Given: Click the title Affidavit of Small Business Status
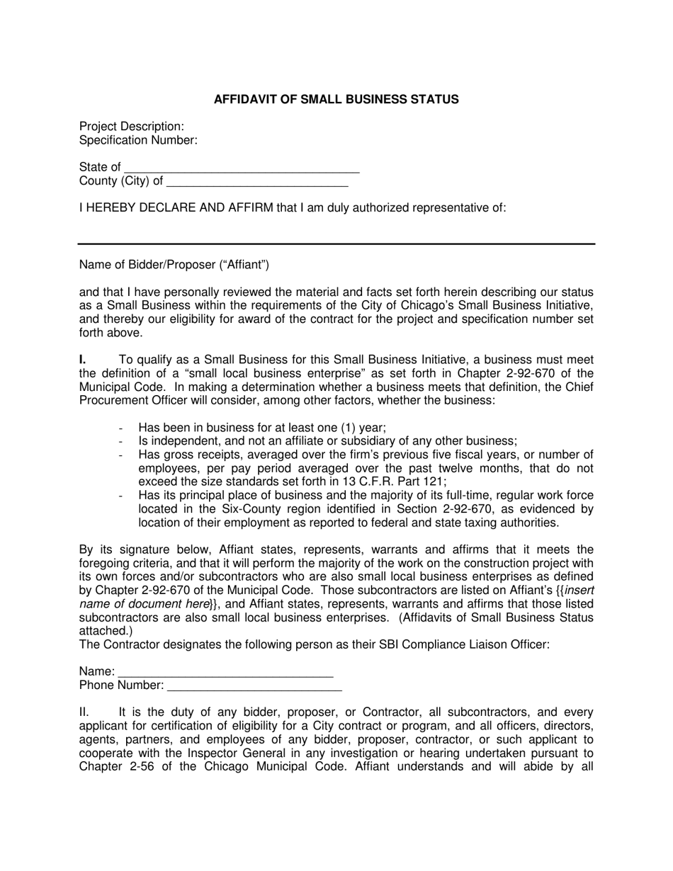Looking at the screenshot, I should [x=336, y=99].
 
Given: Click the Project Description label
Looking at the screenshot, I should [x=132, y=126].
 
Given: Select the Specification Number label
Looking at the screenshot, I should [x=138, y=140].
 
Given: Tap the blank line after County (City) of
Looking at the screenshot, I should [x=256, y=185].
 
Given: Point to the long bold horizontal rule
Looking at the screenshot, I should [x=336, y=244].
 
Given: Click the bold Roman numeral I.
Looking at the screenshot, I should [x=82, y=360].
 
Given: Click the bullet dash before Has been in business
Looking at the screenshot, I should [x=122, y=428].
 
